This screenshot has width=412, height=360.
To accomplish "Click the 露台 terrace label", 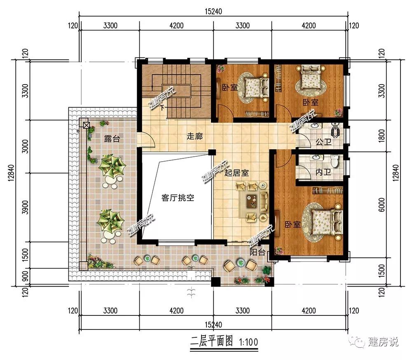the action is coord(112,138).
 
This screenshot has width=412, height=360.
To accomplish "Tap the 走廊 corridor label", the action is coord(195,136).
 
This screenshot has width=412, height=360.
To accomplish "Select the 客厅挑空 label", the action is coord(178,198).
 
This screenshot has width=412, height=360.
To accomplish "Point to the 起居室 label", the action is coord(236,173).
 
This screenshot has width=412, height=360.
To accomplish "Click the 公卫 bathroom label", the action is coord(323,142).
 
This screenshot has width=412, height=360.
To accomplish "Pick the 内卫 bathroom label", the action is coord(323,172).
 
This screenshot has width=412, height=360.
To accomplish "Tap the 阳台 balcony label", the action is coord(257,252).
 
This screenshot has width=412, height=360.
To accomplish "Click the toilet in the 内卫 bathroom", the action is coord(335,161).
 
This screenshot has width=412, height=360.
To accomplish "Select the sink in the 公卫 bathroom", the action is coord(314,126).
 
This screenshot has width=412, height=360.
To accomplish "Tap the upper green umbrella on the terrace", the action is coord(112,166).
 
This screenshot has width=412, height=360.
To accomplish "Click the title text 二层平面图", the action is coord(211,341).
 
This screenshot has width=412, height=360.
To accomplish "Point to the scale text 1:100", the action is coord(248,342).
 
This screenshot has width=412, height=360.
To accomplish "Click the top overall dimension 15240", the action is coord(213,12).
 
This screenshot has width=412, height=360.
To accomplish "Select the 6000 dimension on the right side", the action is coord(382,205).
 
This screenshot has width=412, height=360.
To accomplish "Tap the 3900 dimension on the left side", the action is coord(25,207).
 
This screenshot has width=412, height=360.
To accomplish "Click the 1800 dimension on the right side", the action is coord(382,136).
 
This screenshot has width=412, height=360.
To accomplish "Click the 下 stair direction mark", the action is coord(162,107).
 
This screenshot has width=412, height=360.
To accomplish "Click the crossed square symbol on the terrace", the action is coord(86,125).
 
